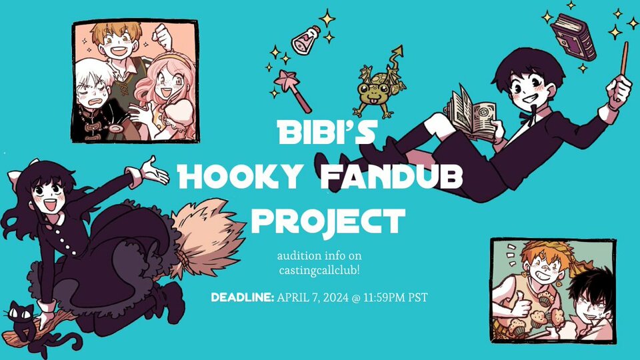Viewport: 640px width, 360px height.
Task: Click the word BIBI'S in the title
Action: [327, 132]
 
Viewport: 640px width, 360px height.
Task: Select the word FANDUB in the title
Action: [391, 176]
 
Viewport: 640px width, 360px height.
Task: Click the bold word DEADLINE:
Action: [243, 297]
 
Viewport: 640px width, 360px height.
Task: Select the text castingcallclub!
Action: [319, 271]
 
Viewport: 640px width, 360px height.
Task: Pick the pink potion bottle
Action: [305, 40]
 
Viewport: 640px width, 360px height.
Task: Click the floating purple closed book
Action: [573, 36]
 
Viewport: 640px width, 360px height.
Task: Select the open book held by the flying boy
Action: [471, 114]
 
